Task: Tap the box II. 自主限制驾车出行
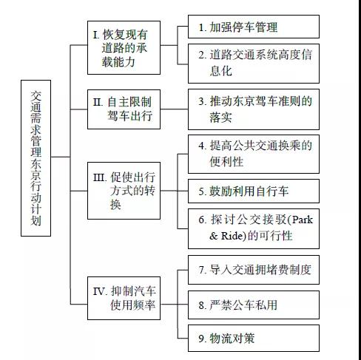click(124, 108)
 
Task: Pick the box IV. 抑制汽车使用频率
click(124, 297)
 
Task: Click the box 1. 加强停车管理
click(253, 27)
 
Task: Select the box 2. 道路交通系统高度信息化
click(253, 63)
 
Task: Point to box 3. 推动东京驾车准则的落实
click(253, 108)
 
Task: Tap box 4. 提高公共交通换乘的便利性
click(253, 153)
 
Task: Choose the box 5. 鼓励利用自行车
click(253, 191)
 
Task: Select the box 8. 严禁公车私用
click(253, 304)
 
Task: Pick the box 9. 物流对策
click(253, 339)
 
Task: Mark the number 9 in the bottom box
click(202, 339)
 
